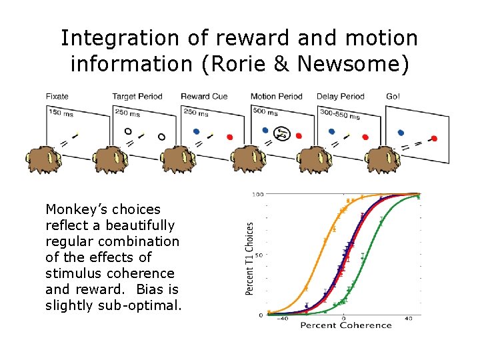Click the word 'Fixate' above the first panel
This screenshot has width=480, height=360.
click(57, 97)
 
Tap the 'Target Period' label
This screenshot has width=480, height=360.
click(137, 97)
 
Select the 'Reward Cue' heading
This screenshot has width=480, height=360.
click(204, 97)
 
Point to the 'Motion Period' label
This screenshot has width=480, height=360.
click(277, 97)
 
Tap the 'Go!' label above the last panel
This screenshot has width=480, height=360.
click(393, 97)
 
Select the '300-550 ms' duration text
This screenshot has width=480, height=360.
click(339, 114)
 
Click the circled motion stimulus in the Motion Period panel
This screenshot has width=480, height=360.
click(282, 133)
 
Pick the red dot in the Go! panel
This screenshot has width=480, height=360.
click(434, 139)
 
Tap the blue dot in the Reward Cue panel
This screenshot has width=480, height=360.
click(195, 131)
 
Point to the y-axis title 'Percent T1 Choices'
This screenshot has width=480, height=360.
click(250, 259)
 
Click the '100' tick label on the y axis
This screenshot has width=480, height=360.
click(257, 195)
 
